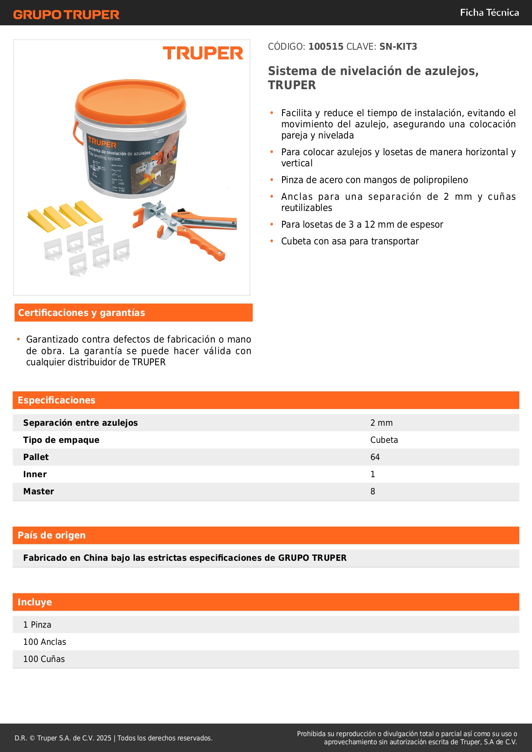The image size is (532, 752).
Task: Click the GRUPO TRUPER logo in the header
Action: [66, 15]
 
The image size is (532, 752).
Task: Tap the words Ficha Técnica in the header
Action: [489, 13]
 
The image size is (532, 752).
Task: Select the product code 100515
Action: [326, 47]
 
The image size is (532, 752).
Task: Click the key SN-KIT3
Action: [398, 47]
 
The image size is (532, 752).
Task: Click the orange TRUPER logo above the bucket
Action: [203, 54]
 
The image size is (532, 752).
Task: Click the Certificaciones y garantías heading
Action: [81, 313]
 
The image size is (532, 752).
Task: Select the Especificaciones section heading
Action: [57, 400]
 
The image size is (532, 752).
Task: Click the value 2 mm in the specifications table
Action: [381, 423]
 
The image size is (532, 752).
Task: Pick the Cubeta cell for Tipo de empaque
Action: [384, 440]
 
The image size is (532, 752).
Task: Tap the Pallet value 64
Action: [375, 457]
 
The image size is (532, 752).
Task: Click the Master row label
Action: [39, 492]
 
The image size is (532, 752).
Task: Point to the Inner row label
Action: [35, 475]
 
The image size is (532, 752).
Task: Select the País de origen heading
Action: [51, 535]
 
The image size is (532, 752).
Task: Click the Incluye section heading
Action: [35, 602]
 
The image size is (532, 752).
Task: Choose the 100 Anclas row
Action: [45, 642]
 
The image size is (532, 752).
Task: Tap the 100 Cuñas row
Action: [44, 659]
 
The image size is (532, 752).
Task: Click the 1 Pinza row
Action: [37, 625]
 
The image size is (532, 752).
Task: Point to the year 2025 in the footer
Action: [104, 738]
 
